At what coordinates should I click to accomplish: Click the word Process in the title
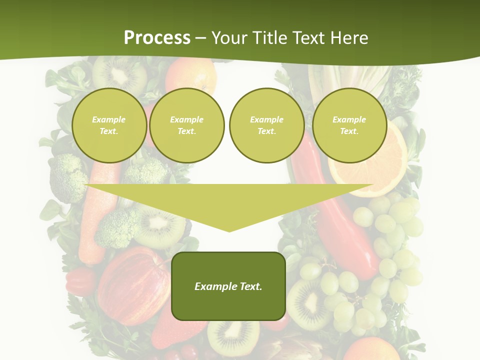click(157, 37)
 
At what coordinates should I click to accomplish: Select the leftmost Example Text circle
click(109, 125)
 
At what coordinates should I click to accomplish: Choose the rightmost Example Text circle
click(349, 125)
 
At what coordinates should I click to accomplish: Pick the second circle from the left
click(186, 125)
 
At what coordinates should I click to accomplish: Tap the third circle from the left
click(266, 125)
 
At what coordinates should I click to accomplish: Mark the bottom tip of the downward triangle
click(229, 230)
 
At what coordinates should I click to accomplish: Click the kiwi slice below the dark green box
click(232, 337)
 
